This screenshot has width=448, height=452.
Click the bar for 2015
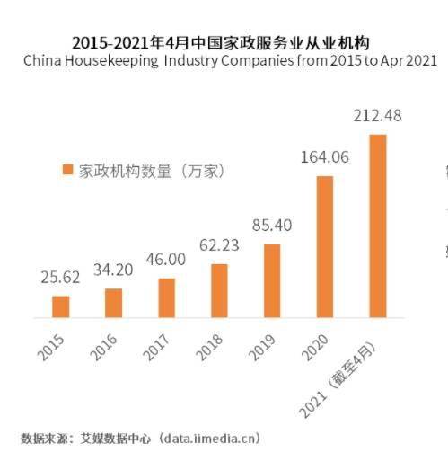[60, 306]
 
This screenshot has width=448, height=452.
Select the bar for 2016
[113, 303]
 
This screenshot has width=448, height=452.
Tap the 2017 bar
[166, 297]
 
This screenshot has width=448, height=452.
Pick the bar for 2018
[219, 290]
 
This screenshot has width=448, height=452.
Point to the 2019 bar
[272, 280]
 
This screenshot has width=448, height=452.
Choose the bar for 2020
[325, 246]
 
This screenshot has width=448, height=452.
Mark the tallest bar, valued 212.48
[378, 226]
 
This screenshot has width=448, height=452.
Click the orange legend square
[66, 170]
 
